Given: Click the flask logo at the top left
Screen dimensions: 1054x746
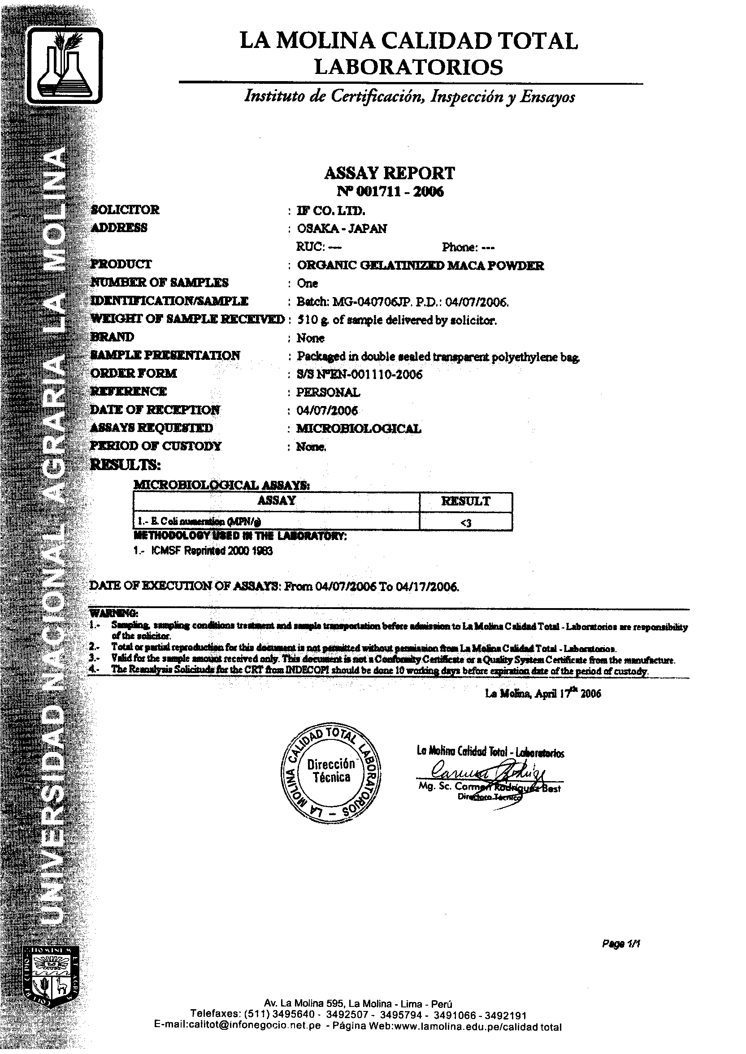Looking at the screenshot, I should click(x=64, y=65).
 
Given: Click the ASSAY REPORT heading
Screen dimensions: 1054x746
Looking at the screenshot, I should click(x=389, y=173).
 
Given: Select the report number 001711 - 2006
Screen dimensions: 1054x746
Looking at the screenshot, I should click(x=390, y=191).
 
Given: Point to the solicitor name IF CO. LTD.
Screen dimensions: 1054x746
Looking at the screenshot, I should click(x=331, y=210).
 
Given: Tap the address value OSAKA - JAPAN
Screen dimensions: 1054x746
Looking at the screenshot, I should click(x=342, y=228).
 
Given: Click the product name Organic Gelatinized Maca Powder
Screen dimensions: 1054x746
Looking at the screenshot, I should click(x=421, y=265).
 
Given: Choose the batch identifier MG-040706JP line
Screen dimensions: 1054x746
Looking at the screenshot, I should click(x=403, y=302).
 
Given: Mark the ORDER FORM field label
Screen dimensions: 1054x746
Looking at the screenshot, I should click(x=134, y=373).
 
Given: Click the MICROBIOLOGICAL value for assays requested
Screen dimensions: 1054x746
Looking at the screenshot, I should click(x=358, y=428).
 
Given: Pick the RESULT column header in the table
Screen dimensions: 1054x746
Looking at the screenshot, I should click(x=465, y=501).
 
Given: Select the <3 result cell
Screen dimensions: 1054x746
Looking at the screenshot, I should click(x=465, y=522).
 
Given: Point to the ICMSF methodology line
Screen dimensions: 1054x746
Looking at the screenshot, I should click(x=203, y=551).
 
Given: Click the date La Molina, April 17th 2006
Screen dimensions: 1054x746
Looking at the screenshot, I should click(x=542, y=694).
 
